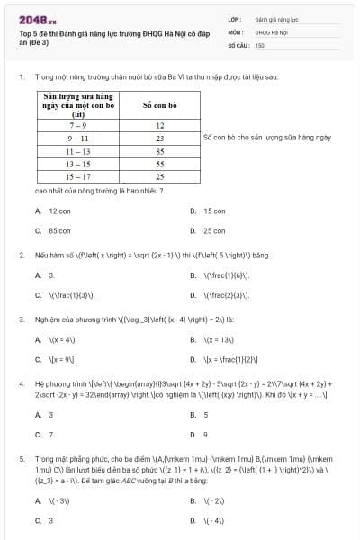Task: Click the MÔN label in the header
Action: [x=235, y=31]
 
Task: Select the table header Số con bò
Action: [x=159, y=105]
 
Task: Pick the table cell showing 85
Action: [x=159, y=152]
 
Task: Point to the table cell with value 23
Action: [x=159, y=139]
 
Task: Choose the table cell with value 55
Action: [x=159, y=165]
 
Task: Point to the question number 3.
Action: [x=21, y=319]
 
